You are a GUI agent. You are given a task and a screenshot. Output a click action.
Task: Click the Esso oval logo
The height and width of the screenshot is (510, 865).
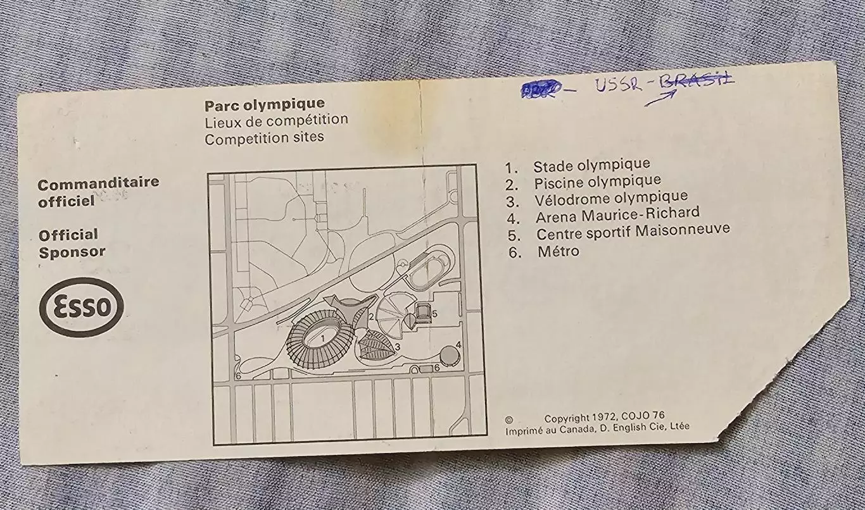click(x=82, y=308)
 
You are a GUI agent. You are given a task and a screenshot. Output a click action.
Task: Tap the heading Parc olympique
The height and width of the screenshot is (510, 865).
click(x=264, y=104)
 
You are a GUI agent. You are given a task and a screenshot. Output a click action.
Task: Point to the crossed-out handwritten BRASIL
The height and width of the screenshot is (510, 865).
click(x=696, y=80)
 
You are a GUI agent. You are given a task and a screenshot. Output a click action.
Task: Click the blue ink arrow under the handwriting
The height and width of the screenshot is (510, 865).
click(x=661, y=97)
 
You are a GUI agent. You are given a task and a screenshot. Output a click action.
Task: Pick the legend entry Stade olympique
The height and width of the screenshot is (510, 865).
click(x=591, y=166)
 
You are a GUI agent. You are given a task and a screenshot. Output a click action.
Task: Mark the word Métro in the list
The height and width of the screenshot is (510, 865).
click(x=558, y=251)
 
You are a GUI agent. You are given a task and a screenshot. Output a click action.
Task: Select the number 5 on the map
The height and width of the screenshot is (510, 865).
click(x=434, y=313)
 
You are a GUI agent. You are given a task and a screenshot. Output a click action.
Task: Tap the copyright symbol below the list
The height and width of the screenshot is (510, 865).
click(x=509, y=419)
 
